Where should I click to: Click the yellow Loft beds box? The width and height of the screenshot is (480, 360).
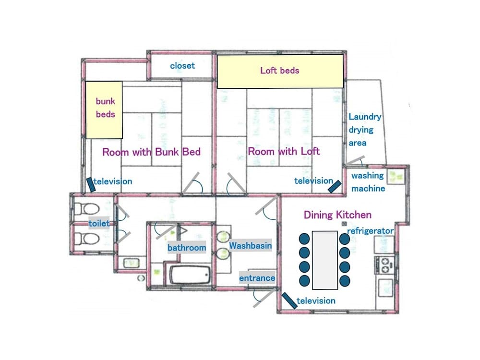coord(280,71)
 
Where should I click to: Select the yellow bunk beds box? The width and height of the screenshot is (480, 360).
coord(104,108)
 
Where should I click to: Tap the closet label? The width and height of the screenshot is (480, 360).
coord(182,65)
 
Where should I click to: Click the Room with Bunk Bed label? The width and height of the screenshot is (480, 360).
coord(151,152)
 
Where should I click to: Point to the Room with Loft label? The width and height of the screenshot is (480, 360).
coord(284,151)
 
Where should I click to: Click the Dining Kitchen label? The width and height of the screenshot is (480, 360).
coord(337,215)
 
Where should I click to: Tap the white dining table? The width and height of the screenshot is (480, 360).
coord(324,260)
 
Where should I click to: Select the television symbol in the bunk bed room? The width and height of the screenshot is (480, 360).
coord(90,185)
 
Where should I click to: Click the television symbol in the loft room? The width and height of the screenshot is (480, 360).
coord(335,186)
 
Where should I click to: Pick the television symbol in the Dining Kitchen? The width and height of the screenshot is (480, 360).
coord(289,300)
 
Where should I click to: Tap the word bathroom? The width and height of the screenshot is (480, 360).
coord(186,248)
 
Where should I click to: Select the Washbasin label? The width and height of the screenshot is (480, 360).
coord(250,245)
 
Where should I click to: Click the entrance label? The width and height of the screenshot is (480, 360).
coord(257,278)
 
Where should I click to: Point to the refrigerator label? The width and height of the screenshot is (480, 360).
coord(370,231)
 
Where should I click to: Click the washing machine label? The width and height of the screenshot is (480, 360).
coord(368,182)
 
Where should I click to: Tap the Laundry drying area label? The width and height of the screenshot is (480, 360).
coord(364,130)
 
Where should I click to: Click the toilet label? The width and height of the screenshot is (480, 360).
coord(99,223)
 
